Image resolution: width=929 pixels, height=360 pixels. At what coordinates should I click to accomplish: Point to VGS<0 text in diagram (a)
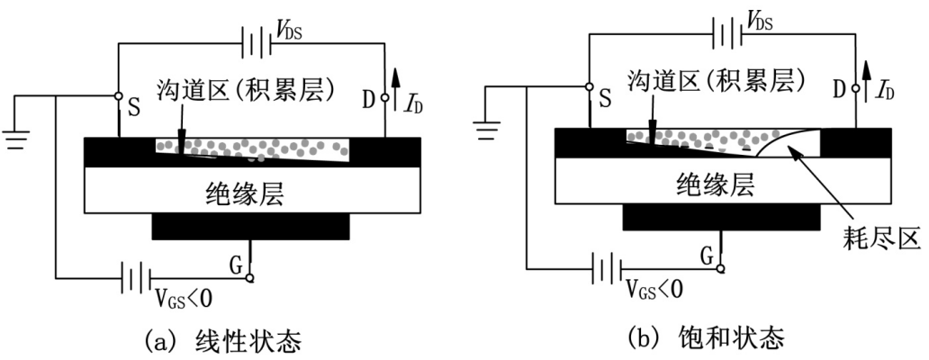click(184, 293)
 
